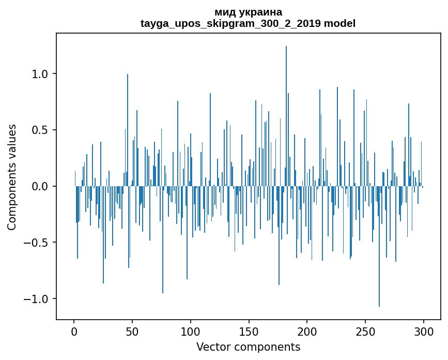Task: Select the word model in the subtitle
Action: pos(339,24)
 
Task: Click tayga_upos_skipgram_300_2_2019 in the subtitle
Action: pos(230,24)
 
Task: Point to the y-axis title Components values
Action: pos(12,177)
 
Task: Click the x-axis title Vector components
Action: pos(248,347)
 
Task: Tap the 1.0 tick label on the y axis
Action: pos(39,74)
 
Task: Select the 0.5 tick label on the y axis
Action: pos(39,130)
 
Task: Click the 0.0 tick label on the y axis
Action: pos(39,186)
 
